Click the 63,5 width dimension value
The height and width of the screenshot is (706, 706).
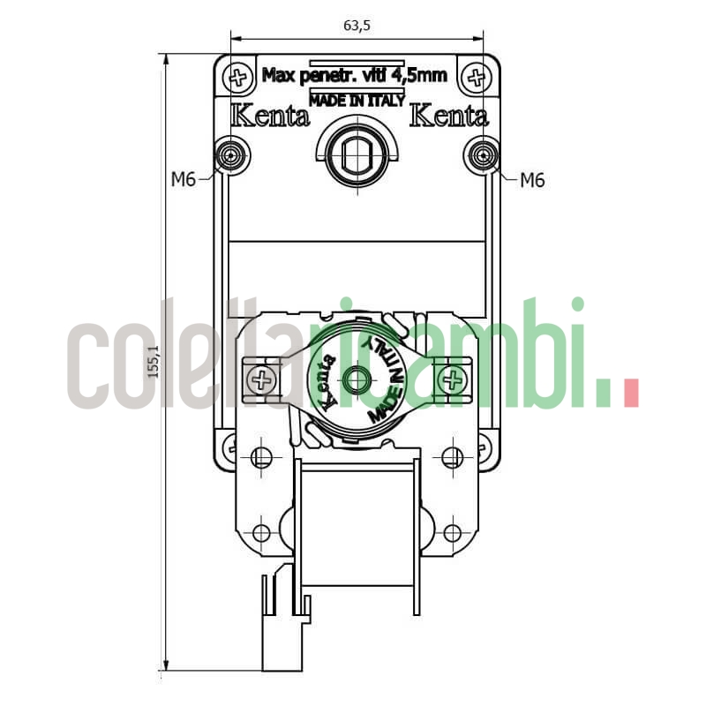click(x=357, y=26)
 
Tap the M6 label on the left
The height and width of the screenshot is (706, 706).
click(x=183, y=181)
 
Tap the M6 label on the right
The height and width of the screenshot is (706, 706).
click(x=532, y=181)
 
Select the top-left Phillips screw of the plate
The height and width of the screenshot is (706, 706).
click(x=237, y=76)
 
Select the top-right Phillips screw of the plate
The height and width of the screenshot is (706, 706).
click(x=477, y=76)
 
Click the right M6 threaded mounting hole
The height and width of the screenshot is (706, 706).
click(x=481, y=156)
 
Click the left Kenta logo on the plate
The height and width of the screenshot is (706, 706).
click(x=270, y=116)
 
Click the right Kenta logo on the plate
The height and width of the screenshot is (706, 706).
click(x=449, y=116)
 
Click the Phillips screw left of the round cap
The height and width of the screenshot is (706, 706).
click(x=261, y=380)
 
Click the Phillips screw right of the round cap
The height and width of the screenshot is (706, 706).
click(x=453, y=380)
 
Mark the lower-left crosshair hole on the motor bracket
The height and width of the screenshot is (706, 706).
click(x=261, y=533)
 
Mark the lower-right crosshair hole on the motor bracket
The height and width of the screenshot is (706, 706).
click(x=453, y=533)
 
